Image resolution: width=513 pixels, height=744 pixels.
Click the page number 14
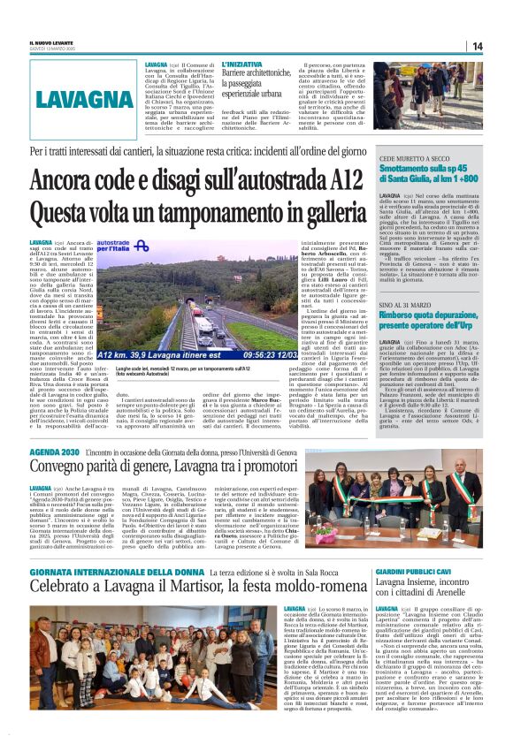pos(476,46)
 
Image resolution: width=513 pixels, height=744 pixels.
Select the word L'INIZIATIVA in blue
pos(241,65)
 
